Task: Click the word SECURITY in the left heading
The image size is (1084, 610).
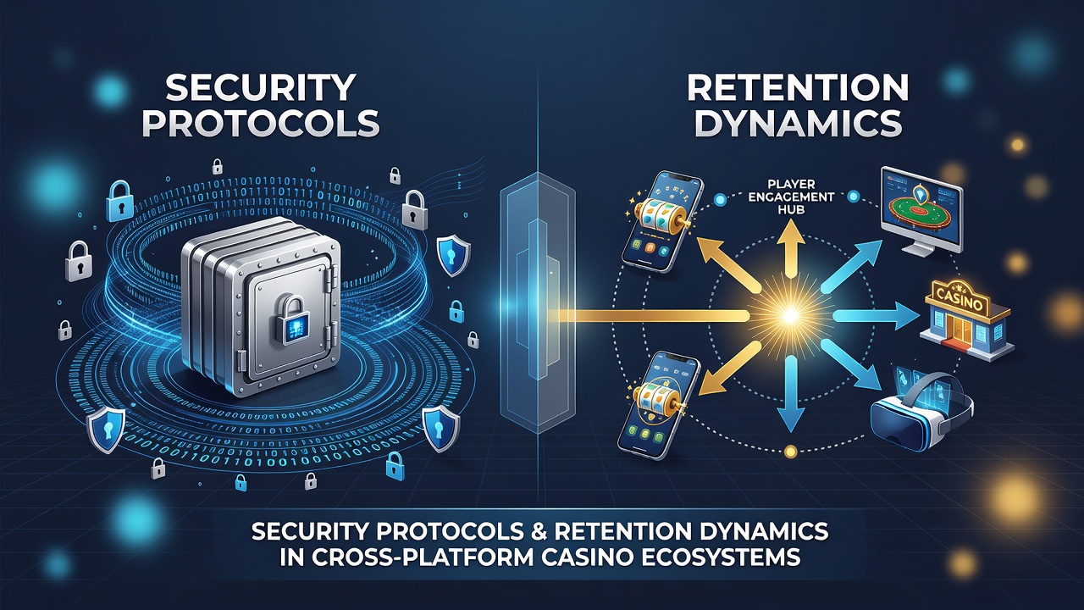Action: coord(260,87)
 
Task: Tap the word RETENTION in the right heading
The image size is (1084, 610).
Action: coord(798,87)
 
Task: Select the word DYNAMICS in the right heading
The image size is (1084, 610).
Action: coord(798,123)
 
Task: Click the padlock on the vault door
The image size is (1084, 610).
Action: coord(293,321)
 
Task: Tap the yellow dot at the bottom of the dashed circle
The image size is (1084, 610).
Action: coord(790,452)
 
